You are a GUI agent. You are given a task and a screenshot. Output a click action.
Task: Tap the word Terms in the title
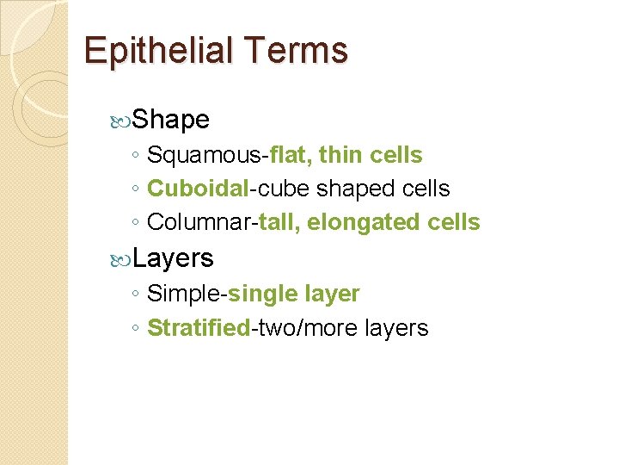(x=295, y=50)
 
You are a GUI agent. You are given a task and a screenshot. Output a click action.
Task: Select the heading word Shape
(x=172, y=119)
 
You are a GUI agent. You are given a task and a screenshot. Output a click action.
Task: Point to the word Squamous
(x=205, y=156)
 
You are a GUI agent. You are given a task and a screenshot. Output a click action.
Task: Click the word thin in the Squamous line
(x=340, y=155)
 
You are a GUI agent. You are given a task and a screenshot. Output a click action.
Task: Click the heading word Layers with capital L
(x=174, y=257)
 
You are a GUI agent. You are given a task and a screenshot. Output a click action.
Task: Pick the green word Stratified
(x=198, y=328)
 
